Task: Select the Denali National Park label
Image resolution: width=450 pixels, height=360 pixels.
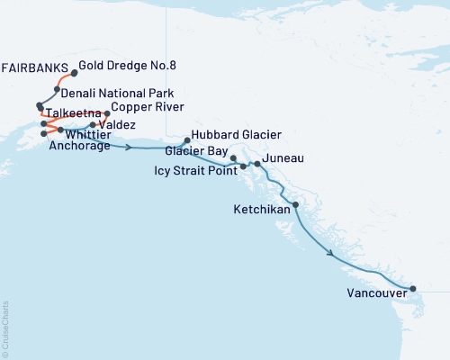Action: tap(117, 93)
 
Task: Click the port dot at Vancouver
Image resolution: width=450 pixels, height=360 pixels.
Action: tap(413, 289)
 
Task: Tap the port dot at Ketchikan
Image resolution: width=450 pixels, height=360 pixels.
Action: tap(296, 205)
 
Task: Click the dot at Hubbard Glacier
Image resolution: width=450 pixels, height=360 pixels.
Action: tap(186, 139)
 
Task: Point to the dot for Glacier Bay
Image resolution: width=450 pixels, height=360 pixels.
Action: tap(233, 158)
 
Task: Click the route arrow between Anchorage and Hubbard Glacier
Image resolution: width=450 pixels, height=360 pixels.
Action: tap(131, 146)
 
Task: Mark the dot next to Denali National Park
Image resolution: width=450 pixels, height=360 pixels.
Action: tap(56, 90)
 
